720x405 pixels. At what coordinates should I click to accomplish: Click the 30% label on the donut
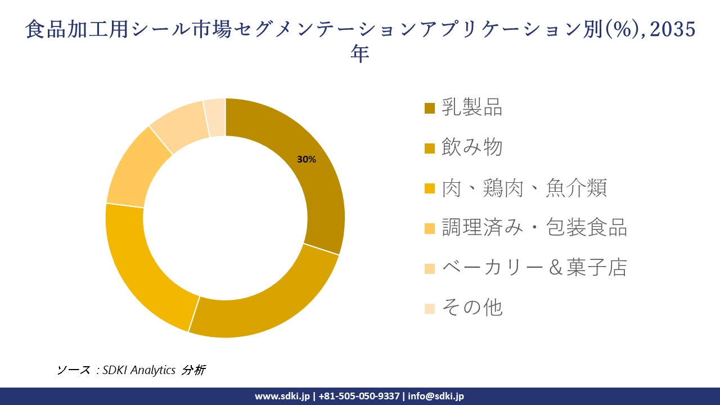click(x=307, y=160)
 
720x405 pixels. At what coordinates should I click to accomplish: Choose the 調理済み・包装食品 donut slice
click(x=135, y=169)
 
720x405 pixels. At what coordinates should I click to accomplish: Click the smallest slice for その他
click(x=215, y=117)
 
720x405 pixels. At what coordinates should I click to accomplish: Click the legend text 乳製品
click(x=471, y=107)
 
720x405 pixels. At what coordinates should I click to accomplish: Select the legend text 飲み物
click(x=471, y=147)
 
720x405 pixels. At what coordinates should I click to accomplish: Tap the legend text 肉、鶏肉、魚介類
click(x=524, y=188)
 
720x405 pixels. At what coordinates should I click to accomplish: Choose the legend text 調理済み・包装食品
click(x=534, y=228)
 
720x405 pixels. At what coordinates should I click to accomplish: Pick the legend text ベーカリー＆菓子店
click(x=534, y=268)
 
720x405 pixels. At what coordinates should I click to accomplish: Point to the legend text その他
click(x=471, y=308)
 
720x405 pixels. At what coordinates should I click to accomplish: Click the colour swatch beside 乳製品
click(x=429, y=108)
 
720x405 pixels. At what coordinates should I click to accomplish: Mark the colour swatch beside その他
click(x=429, y=308)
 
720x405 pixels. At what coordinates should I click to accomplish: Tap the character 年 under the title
click(x=360, y=55)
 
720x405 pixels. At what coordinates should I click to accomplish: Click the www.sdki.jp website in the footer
click(x=282, y=396)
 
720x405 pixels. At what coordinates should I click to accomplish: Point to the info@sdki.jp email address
click(x=436, y=396)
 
